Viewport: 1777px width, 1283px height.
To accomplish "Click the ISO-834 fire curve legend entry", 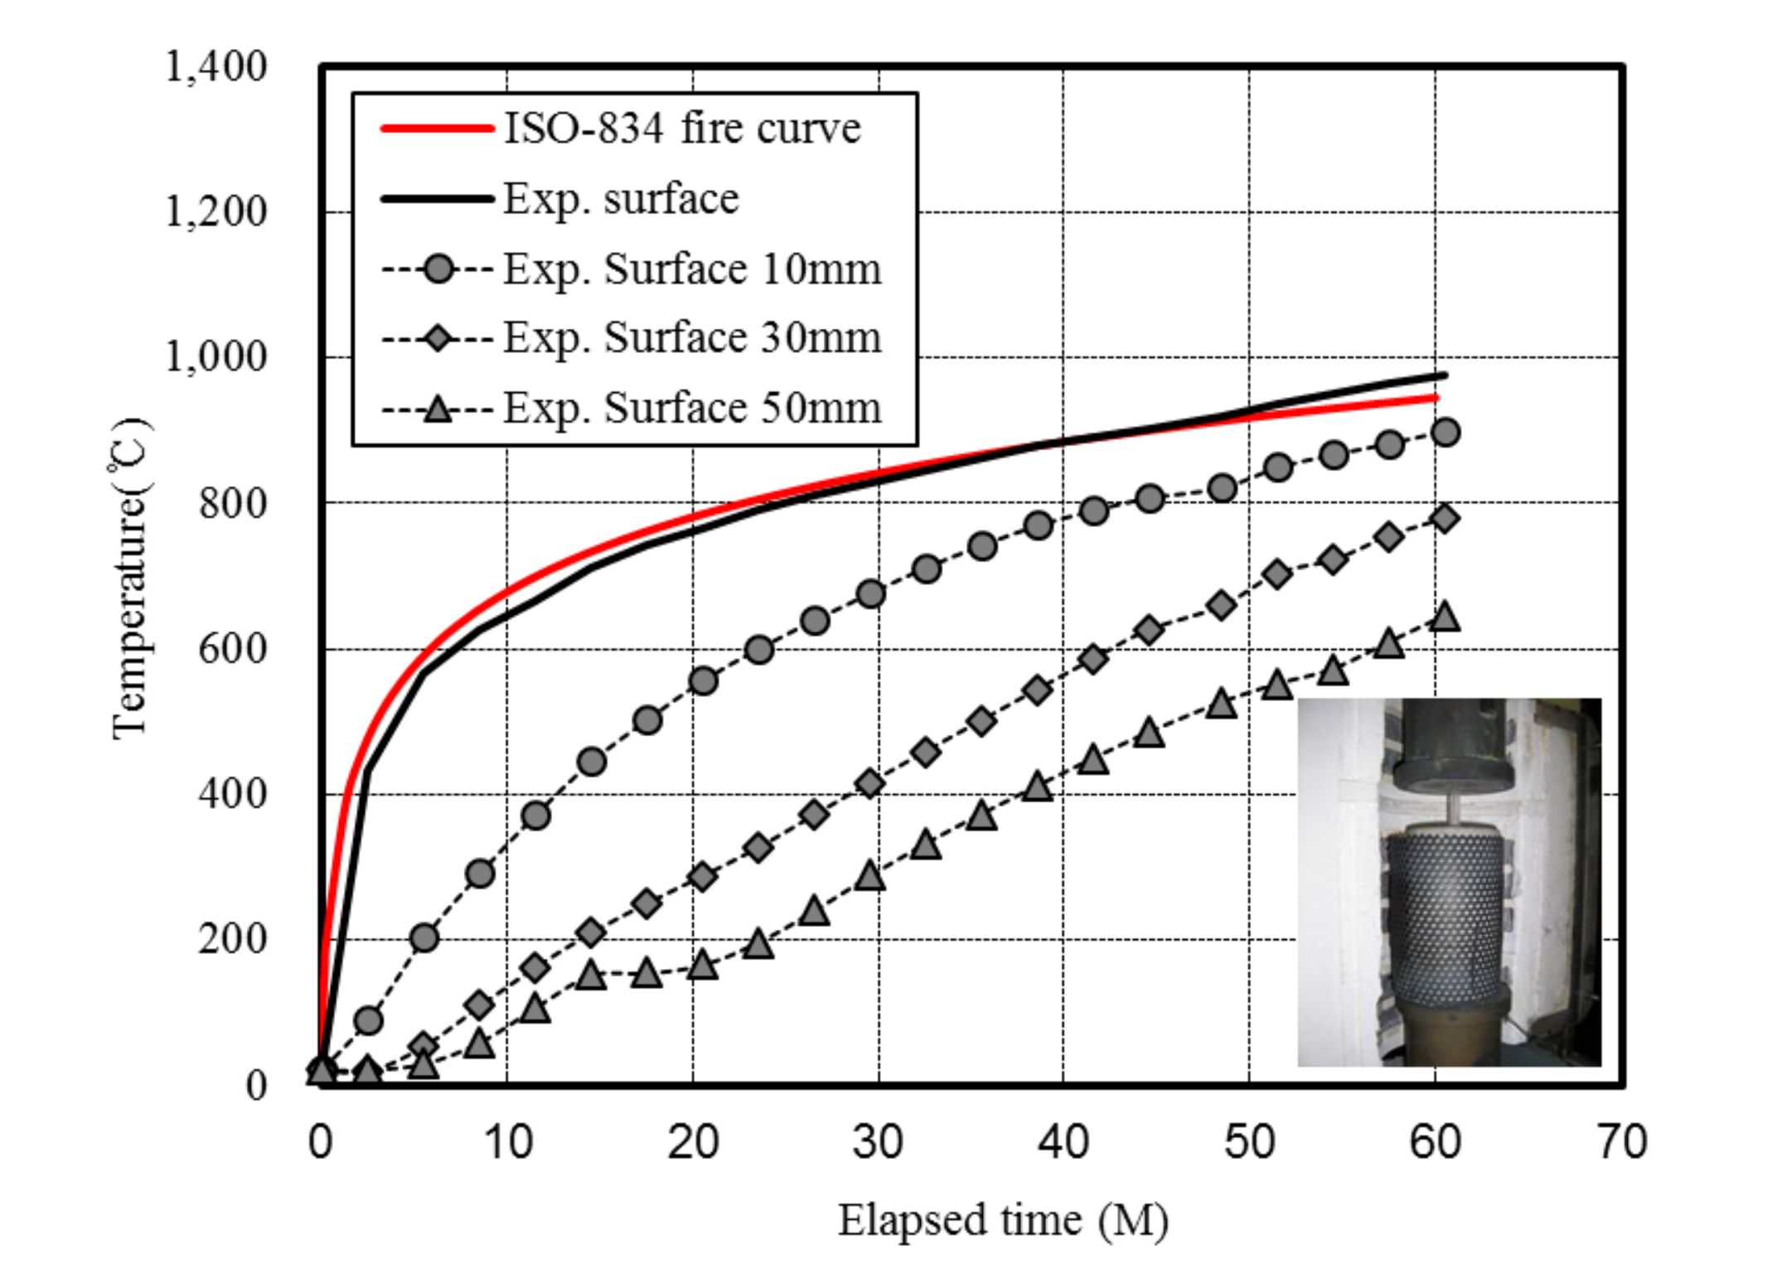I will point(682,129).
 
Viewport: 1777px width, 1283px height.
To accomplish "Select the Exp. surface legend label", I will point(621,199).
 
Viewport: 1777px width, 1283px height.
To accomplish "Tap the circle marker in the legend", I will point(438,269).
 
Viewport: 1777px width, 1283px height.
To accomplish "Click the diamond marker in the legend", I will point(438,338).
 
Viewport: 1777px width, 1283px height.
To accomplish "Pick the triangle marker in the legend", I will point(438,408).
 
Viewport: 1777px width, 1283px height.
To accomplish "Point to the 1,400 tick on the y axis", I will point(216,66).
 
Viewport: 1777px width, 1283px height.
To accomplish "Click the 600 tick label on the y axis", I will point(233,648).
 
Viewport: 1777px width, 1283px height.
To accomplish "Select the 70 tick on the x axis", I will point(1621,1142).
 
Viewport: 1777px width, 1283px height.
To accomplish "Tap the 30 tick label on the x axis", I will point(878,1142).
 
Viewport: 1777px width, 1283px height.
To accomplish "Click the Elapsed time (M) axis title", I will point(1002,1221).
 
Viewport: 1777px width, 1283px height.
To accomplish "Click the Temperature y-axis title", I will point(130,580).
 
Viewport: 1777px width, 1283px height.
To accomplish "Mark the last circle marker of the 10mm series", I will point(1445,432).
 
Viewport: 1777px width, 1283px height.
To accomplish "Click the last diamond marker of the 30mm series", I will point(1445,519).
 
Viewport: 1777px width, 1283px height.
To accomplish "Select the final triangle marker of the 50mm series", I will point(1445,617).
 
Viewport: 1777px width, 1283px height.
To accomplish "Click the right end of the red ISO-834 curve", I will point(1436,398).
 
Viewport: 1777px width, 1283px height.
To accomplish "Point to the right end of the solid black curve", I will point(1445,375).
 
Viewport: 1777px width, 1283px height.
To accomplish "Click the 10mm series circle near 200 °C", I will point(424,937).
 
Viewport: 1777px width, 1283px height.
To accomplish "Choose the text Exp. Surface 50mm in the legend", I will point(692,408).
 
